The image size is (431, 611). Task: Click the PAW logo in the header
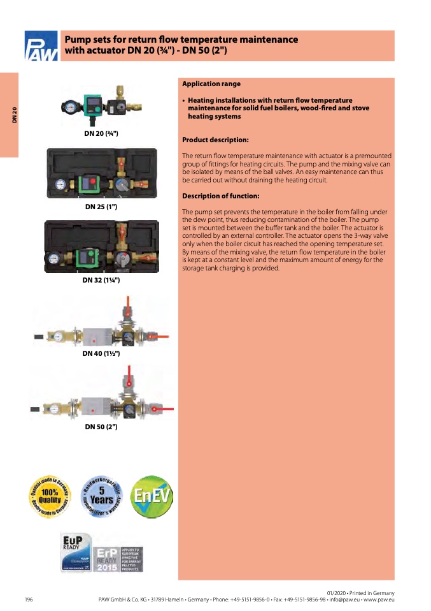click(41, 46)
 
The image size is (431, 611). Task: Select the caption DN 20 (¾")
click(101, 133)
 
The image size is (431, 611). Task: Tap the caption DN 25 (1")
click(101, 207)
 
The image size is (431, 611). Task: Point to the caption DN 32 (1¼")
click(101, 280)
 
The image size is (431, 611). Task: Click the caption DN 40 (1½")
click(101, 353)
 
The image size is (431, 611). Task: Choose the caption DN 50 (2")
click(101, 427)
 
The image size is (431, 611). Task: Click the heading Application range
click(211, 84)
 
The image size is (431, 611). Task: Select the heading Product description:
click(215, 140)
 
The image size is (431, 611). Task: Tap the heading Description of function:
click(220, 196)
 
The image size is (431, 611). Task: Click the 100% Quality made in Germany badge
click(50, 497)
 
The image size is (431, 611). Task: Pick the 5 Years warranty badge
click(101, 497)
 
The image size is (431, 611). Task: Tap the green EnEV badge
click(151, 497)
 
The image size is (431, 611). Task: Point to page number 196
click(29, 600)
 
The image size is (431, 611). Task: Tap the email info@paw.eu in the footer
click(344, 600)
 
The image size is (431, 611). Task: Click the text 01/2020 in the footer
click(337, 593)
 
